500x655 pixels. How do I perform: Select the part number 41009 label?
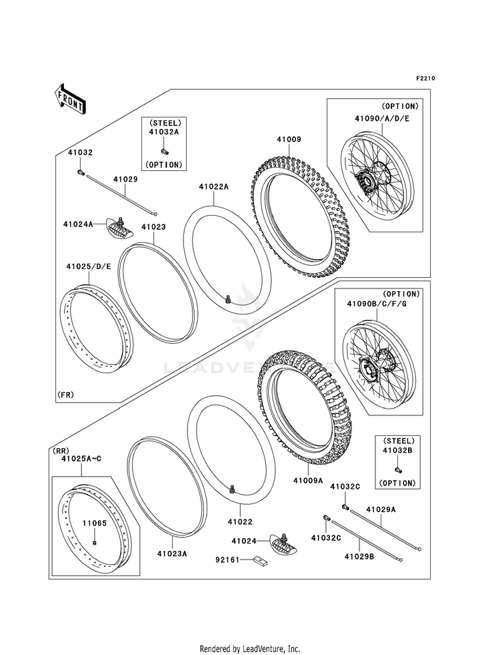tap(289, 140)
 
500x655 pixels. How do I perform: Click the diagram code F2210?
tap(426, 78)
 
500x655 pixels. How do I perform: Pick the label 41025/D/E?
tap(89, 266)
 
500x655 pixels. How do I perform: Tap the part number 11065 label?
tap(94, 523)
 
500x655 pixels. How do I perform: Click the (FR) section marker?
tap(65, 395)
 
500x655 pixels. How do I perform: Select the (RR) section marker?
tap(61, 451)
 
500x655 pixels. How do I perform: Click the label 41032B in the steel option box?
tap(399, 451)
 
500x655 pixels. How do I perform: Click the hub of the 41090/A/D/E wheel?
tap(365, 180)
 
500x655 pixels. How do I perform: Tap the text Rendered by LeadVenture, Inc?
tap(250, 648)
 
